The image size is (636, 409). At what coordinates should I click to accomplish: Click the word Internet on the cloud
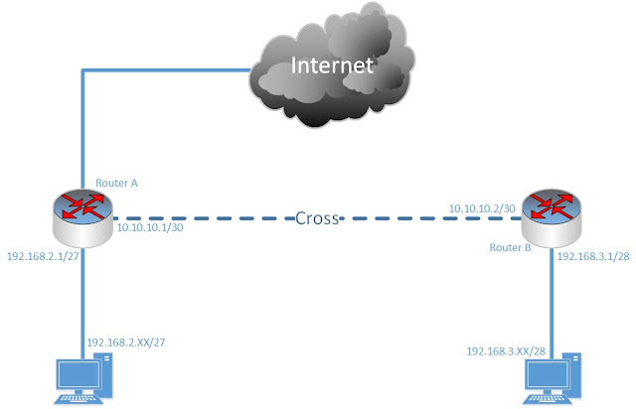pyautogui.click(x=333, y=67)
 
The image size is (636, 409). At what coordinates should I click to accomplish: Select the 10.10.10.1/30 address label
pyautogui.click(x=150, y=227)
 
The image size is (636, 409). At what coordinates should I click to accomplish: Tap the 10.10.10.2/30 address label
pyautogui.click(x=481, y=207)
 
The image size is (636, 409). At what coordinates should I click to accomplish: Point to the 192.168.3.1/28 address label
pyautogui.click(x=594, y=255)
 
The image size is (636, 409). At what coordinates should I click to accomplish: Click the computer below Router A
pyautogui.click(x=80, y=382)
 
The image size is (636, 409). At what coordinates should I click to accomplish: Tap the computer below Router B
pyautogui.click(x=553, y=382)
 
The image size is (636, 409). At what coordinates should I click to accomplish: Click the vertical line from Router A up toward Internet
pyautogui.click(x=81, y=129)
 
